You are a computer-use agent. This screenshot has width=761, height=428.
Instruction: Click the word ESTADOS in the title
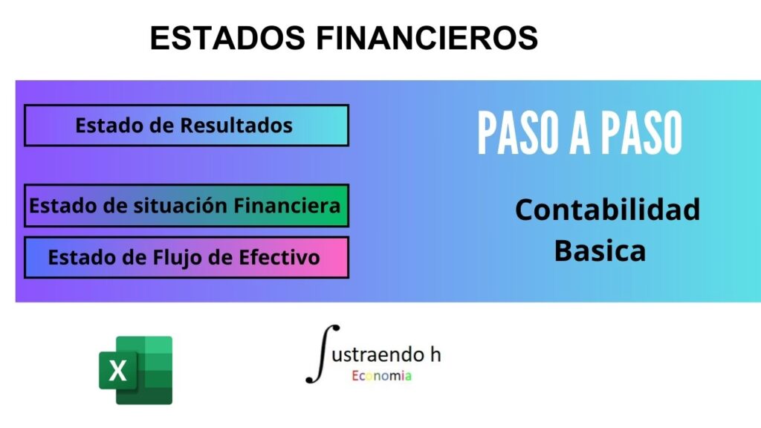tap(227, 38)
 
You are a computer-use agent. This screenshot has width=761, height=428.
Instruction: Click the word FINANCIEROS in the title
tap(427, 38)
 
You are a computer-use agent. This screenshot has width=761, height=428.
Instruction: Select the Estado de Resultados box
tap(187, 125)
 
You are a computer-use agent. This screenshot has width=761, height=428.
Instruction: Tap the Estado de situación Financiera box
tap(187, 206)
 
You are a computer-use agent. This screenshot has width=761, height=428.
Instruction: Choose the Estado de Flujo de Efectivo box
tap(187, 257)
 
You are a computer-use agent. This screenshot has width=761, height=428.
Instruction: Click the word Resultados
tap(236, 125)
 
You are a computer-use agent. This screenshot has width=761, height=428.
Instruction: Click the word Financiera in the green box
tap(287, 206)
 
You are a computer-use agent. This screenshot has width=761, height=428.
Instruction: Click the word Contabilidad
tap(608, 210)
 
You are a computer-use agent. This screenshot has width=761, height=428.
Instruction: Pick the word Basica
tap(600, 251)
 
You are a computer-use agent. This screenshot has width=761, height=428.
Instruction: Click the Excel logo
tap(135, 370)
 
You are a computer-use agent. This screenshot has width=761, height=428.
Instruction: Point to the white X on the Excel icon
tap(118, 371)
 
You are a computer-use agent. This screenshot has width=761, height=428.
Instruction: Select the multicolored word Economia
tap(382, 375)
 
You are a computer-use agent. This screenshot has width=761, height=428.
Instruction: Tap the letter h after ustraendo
tap(435, 354)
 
